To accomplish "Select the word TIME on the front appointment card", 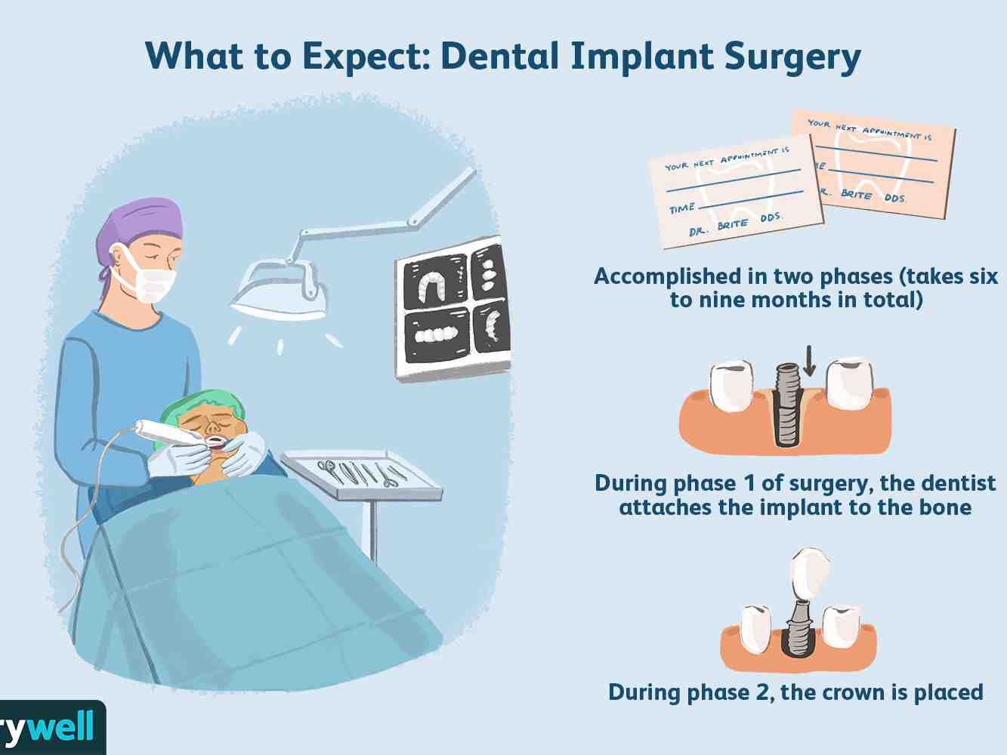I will pos(682,208).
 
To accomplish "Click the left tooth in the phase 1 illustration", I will pos(732,387).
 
